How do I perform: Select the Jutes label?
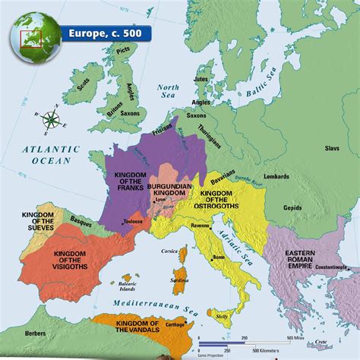pos(200,78)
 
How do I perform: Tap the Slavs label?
pos(331,149)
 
